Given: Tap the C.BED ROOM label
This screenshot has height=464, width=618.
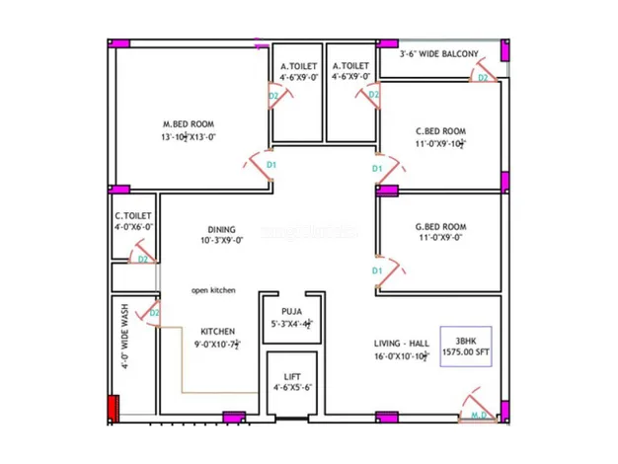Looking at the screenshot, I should pyautogui.click(x=440, y=130).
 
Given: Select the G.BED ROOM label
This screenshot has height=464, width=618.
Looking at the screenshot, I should pyautogui.click(x=440, y=226).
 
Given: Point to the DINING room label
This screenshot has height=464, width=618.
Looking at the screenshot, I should pyautogui.click(x=221, y=229).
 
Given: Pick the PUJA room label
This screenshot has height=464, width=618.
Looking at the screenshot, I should pyautogui.click(x=291, y=311).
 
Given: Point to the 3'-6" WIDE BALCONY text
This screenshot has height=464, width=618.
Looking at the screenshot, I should pyautogui.click(x=438, y=54).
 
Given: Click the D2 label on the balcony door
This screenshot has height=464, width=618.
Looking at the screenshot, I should pyautogui.click(x=483, y=77).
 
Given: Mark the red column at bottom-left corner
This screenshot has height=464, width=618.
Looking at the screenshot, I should pyautogui.click(x=113, y=409).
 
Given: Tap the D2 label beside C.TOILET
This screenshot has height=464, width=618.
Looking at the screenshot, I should pyautogui.click(x=143, y=259).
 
